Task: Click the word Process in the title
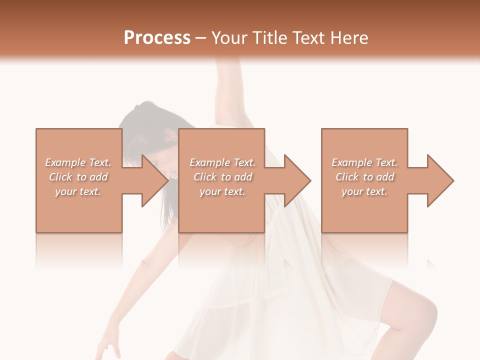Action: pyautogui.click(x=157, y=38)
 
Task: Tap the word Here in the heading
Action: pyautogui.click(x=348, y=38)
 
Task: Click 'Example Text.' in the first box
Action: pyautogui.click(x=78, y=162)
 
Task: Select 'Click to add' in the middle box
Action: pyautogui.click(x=222, y=177)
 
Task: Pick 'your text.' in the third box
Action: pyautogui.click(x=364, y=191)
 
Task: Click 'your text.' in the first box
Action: pyautogui.click(x=78, y=191)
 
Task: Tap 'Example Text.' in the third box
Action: pyautogui.click(x=364, y=162)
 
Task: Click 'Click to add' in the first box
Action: pyautogui.click(x=78, y=177)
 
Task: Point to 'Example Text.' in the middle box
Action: pyautogui.click(x=222, y=162)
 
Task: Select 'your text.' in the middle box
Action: pyautogui.click(x=222, y=191)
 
